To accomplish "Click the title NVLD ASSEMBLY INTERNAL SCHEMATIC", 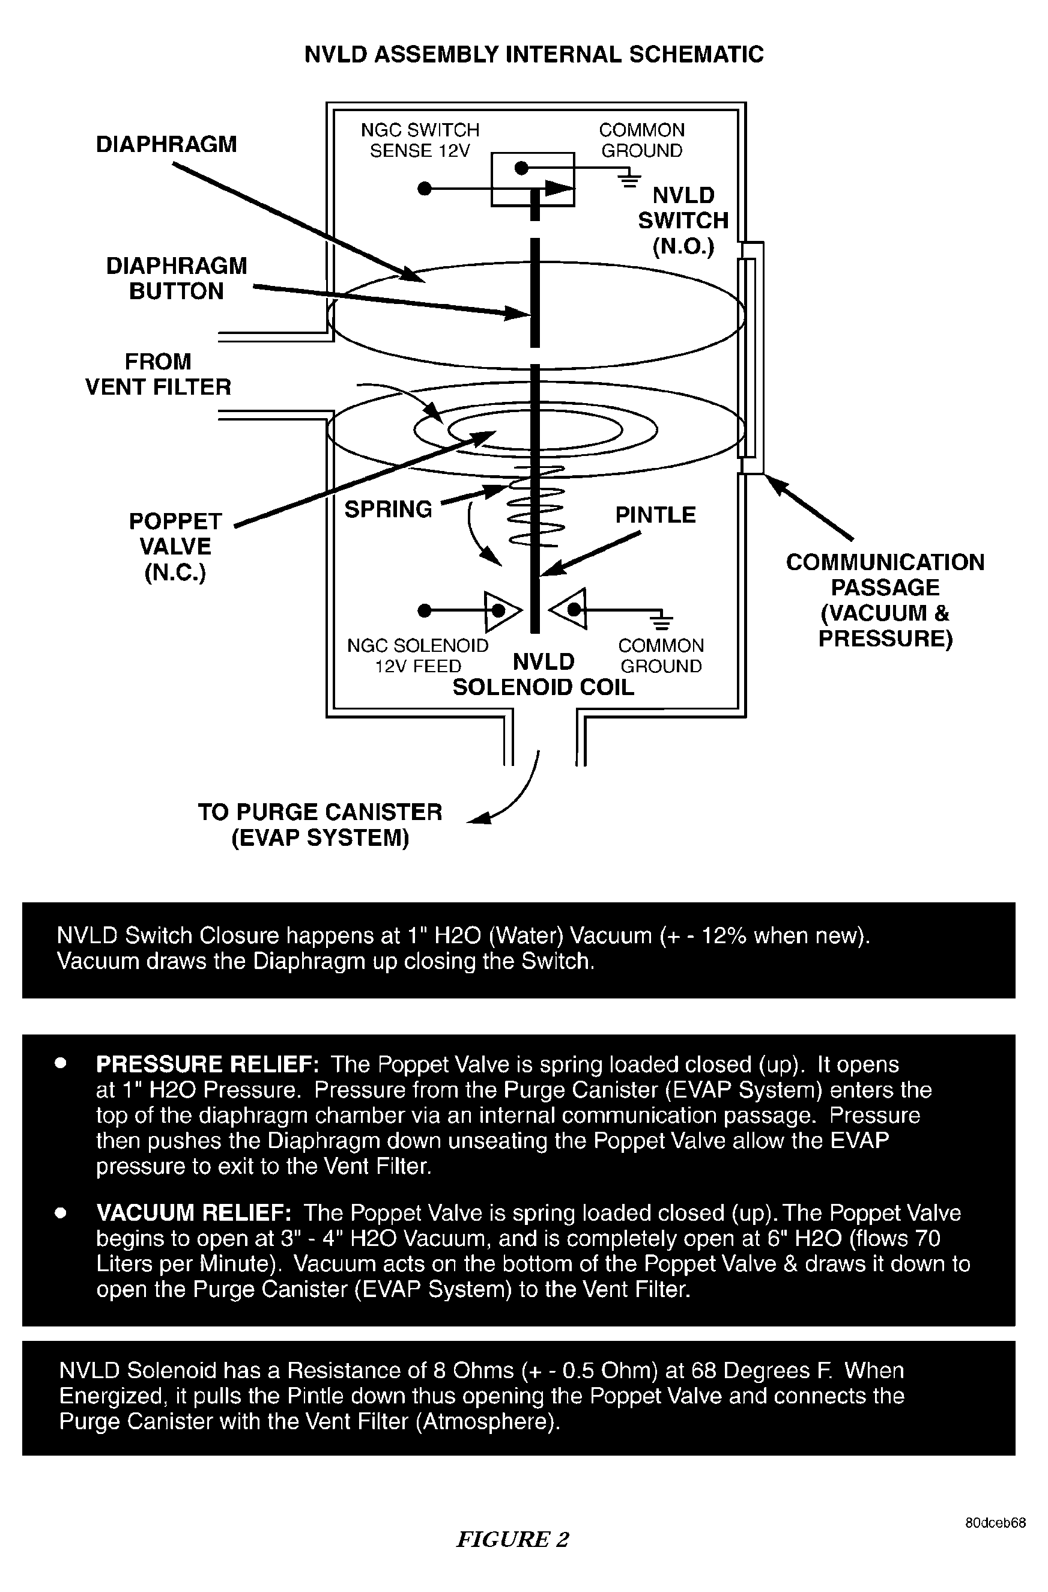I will (534, 54).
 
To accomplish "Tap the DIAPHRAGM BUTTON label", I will (177, 278).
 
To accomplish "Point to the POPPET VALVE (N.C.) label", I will (175, 547).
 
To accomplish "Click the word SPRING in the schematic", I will (388, 509).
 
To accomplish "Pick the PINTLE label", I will (655, 514).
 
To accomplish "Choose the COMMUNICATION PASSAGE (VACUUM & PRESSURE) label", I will (885, 600).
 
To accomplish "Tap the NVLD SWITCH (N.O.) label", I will (683, 220).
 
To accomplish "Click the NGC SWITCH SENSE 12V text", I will (420, 140).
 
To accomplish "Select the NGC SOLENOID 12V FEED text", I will (418, 655).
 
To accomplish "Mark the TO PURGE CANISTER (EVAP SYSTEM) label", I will (320, 824).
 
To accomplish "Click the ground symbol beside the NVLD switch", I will (629, 178).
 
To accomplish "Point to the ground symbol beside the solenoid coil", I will (661, 621).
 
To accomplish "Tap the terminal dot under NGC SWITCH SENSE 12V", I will (424, 189).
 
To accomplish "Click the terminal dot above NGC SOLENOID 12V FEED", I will (424, 610).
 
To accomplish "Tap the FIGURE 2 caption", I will (513, 1539).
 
